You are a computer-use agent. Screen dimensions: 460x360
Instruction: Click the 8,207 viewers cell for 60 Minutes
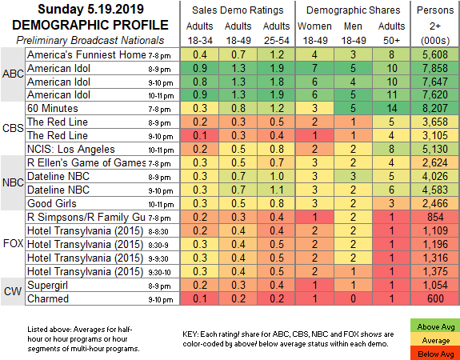435,108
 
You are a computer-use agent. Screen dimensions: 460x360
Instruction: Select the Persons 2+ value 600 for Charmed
435,298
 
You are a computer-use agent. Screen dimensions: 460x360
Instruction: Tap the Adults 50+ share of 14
391,108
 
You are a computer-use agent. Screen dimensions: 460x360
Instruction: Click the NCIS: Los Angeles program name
70,149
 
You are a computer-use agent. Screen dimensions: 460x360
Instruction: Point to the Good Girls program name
52,203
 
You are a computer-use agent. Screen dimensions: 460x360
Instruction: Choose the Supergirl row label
47,285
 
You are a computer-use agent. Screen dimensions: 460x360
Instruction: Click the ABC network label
13,74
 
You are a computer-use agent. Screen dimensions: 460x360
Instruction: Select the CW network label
13,292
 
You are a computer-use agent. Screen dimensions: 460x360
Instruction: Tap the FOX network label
13,243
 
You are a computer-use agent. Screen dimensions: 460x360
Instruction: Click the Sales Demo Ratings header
238,10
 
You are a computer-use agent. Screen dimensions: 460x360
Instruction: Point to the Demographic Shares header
354,10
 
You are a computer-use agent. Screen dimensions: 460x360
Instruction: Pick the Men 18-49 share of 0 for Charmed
353,298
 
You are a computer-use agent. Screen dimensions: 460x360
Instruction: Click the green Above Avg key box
436,327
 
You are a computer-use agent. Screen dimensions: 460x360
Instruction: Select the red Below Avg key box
436,354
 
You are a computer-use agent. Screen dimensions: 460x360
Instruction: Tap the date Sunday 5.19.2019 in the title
90,10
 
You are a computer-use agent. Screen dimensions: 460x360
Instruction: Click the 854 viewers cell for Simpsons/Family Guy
435,217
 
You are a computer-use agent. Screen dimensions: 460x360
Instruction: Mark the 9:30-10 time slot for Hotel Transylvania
160,273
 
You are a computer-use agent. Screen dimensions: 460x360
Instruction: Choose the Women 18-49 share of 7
314,68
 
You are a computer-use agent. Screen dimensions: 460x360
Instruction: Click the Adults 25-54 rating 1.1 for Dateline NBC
276,190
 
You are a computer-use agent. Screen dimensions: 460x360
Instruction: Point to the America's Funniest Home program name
86,54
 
